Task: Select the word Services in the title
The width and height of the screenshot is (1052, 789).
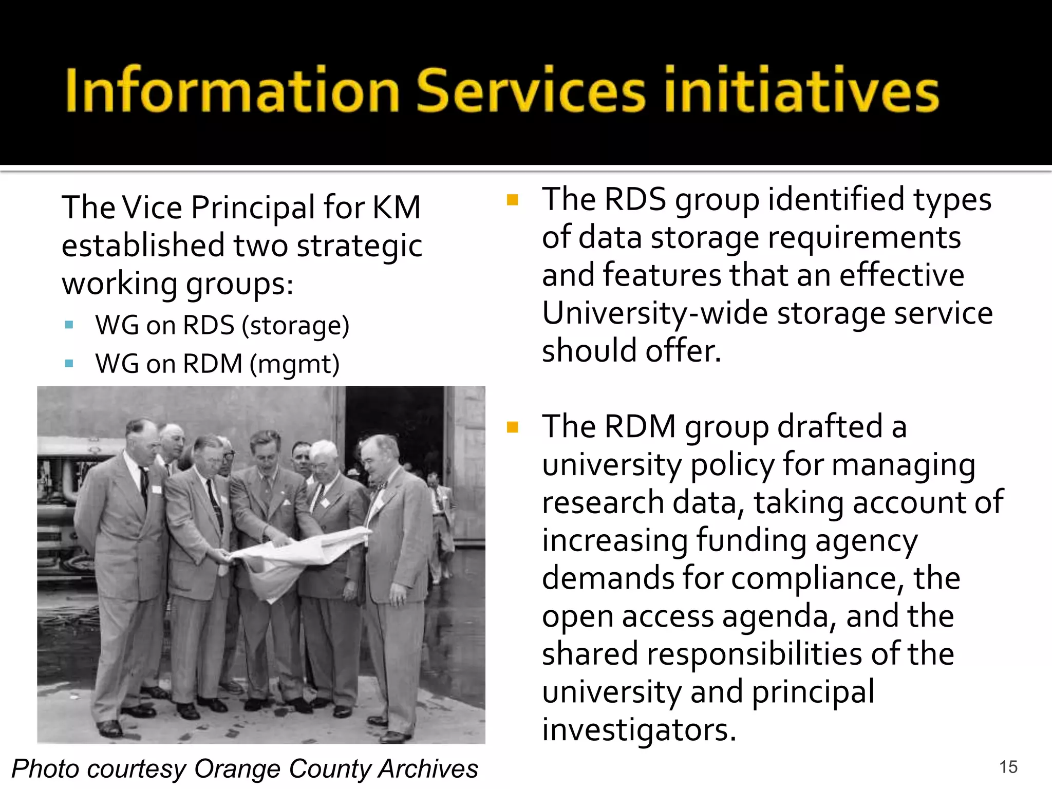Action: (x=530, y=90)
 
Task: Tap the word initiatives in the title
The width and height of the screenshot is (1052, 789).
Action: (x=801, y=90)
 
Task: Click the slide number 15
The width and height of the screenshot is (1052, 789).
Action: (x=1008, y=767)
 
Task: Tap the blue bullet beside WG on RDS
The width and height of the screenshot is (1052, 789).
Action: (x=69, y=325)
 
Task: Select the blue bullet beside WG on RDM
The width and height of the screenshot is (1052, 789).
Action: (x=69, y=364)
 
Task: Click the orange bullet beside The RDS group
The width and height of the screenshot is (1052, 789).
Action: (x=512, y=200)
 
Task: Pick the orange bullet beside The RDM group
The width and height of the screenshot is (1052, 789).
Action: (x=512, y=427)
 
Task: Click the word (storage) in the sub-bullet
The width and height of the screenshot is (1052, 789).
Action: (x=295, y=326)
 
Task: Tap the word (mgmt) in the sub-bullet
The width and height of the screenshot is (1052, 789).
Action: (x=294, y=364)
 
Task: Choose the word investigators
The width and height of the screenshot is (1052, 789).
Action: (x=639, y=730)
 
